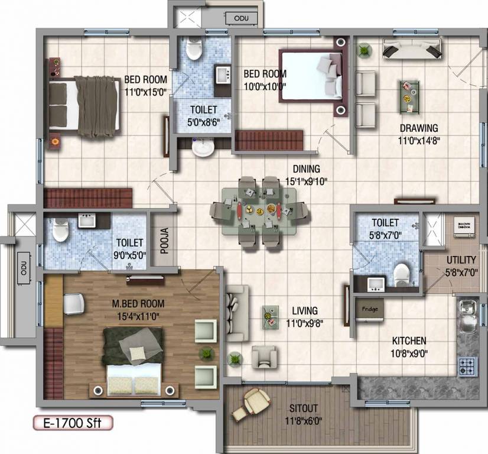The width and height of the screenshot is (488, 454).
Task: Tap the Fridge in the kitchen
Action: click(x=369, y=309)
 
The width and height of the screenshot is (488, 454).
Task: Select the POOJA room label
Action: click(x=165, y=241)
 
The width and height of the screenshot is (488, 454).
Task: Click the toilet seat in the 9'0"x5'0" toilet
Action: click(x=60, y=231)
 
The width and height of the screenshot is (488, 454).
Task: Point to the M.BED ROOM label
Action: click(x=138, y=304)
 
